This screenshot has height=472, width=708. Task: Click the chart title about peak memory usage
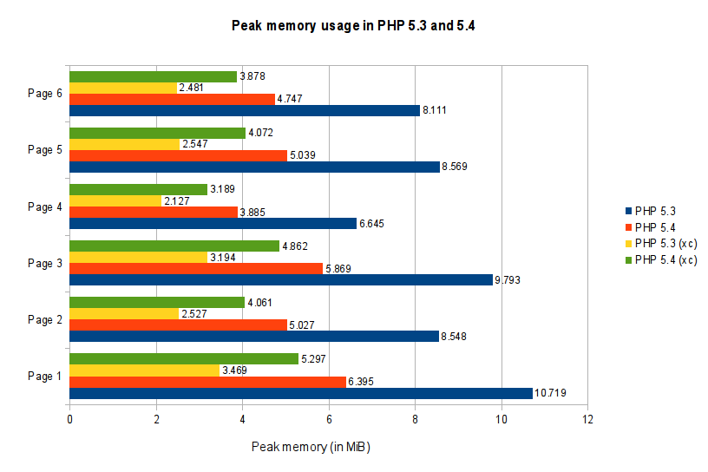click(353, 26)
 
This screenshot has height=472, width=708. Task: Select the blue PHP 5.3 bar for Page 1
click(300, 393)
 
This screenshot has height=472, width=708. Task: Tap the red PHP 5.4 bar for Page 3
click(196, 268)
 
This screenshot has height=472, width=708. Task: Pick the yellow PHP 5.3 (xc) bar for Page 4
click(115, 200)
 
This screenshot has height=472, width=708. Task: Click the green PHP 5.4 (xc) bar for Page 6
click(153, 76)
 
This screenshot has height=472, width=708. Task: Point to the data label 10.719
click(552, 394)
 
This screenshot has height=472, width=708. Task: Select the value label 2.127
click(176, 201)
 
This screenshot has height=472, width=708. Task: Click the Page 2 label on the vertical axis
click(45, 319)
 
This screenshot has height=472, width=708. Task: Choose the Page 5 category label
click(45, 149)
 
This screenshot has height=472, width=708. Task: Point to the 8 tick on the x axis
click(415, 421)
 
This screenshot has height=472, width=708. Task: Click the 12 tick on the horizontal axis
click(587, 421)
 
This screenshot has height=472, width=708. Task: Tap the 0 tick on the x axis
click(69, 421)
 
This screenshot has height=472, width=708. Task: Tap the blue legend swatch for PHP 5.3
click(627, 210)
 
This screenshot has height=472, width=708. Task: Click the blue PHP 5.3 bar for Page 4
click(213, 223)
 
